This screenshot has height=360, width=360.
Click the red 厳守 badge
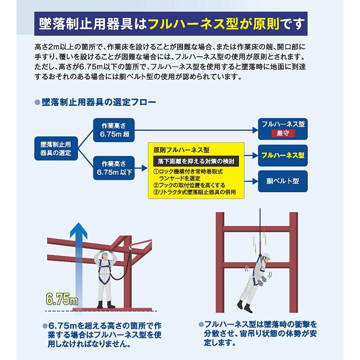coord(283,133)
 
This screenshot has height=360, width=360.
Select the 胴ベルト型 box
coord(282,181)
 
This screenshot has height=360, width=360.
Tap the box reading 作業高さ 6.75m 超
coord(114,130)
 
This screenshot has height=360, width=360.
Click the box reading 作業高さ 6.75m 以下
coord(114,168)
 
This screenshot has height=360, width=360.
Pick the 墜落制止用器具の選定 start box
coord(56,149)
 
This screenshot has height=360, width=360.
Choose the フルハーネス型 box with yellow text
coord(282,155)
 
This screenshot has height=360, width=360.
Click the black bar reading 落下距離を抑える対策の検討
coord(196,161)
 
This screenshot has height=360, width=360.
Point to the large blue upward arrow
coord(79,264)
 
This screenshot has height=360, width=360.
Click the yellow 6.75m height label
coord(62,299)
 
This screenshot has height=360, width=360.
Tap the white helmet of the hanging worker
coord(266,256)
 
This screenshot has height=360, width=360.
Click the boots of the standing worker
coord(105,305)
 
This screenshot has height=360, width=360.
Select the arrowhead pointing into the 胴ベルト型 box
coord(255,182)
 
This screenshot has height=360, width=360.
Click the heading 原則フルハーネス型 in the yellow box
coord(182,150)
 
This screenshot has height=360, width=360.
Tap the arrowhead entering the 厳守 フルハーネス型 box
coord(255,130)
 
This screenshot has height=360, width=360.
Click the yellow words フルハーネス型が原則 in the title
coord(214,24)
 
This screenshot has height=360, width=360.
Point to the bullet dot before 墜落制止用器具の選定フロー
coord(37,102)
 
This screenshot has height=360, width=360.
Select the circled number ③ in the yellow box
coord(156,192)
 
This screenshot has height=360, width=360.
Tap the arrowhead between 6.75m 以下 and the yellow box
coord(144,168)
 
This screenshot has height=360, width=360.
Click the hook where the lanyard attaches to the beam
coord(131,247)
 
